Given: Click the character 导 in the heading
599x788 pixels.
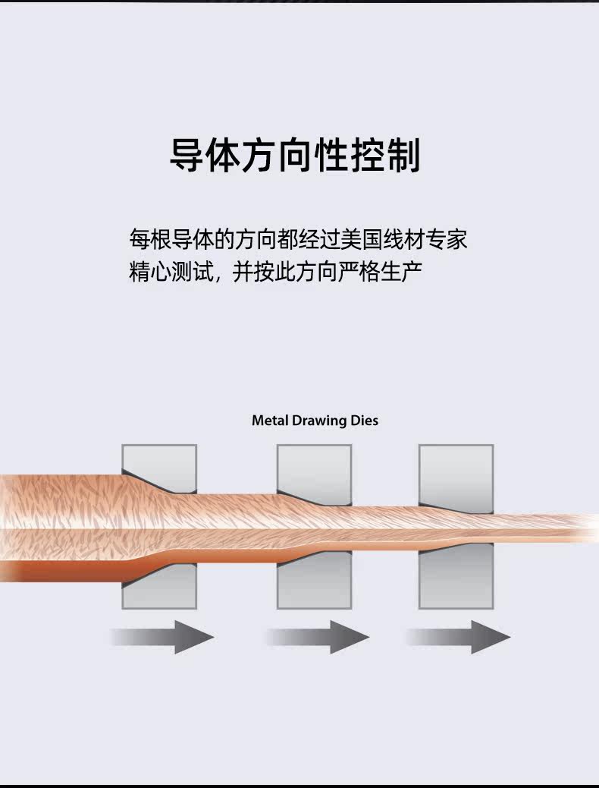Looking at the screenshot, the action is [x=187, y=156].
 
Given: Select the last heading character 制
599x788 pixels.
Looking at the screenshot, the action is [x=403, y=156].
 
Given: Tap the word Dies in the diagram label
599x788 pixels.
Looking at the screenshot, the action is [x=364, y=420].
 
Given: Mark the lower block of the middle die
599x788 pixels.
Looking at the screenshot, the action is [x=314, y=588].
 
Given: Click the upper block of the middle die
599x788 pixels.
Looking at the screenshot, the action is [x=314, y=467].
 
